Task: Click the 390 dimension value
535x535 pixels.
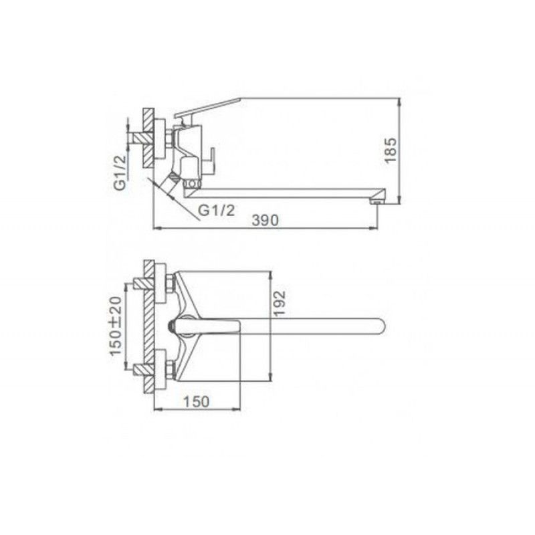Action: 265,221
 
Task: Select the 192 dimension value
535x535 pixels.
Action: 279,303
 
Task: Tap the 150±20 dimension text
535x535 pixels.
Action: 115,326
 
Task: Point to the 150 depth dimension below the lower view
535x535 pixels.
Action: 197,402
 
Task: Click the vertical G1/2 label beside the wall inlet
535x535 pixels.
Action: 120,173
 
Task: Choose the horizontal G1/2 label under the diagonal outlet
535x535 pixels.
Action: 217,211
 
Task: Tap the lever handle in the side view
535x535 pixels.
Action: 207,108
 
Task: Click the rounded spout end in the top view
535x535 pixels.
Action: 380,326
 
